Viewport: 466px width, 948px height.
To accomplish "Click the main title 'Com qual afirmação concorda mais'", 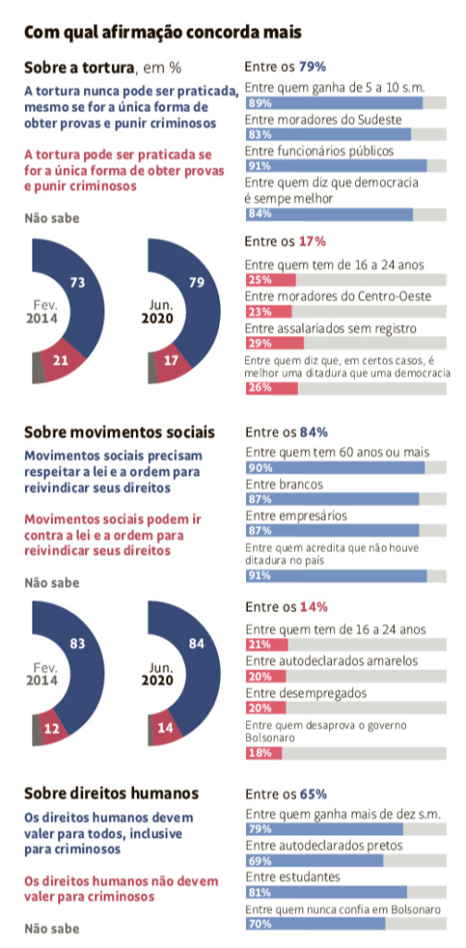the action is [163, 32].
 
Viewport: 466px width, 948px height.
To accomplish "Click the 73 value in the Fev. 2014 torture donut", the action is [78, 281].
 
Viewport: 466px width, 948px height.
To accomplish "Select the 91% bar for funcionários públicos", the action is [337, 166].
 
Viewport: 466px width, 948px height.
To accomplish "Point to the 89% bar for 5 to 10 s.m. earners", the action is [334, 102].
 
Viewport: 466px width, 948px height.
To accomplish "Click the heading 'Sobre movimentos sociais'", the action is [119, 433].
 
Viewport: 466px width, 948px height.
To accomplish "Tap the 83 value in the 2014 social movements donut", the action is [78, 644].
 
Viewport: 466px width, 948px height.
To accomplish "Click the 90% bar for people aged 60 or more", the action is [335, 468].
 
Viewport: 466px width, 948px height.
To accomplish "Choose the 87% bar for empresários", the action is [332, 530].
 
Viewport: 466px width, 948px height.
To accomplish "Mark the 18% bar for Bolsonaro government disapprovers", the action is [264, 754].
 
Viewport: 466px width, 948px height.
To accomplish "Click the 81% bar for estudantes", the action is [326, 892].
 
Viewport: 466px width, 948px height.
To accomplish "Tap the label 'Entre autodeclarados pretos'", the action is [324, 846].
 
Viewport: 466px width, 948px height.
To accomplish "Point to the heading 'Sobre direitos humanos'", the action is [111, 792].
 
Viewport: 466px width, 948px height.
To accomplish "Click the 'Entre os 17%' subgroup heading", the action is [286, 242].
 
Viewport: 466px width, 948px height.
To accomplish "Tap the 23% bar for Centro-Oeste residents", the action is [269, 311].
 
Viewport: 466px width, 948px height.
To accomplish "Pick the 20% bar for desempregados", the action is [265, 708].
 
